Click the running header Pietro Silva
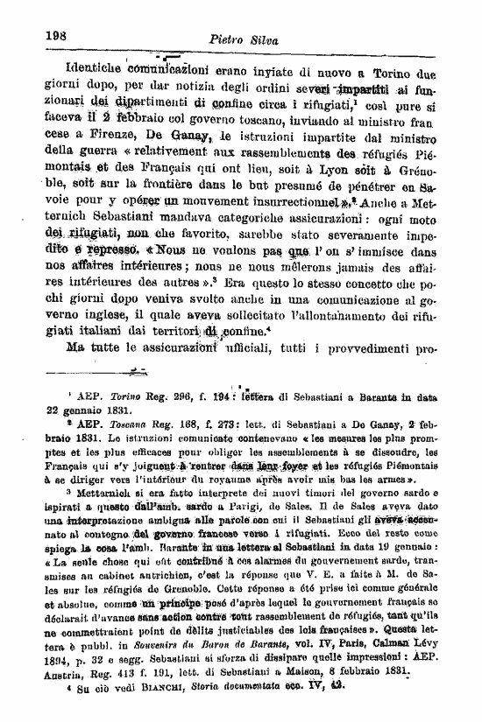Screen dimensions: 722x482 (238, 39)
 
